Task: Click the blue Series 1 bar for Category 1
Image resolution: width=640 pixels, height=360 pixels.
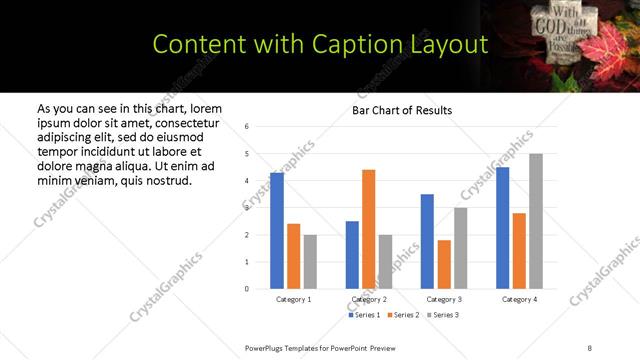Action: tap(277, 231)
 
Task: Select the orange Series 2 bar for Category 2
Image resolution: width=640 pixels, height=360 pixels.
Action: tap(368, 229)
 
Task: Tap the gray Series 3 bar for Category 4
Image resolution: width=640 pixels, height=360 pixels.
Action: tap(536, 221)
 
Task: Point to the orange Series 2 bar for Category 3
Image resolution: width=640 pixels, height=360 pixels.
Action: tap(444, 264)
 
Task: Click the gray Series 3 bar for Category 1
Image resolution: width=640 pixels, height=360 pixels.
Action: tap(310, 261)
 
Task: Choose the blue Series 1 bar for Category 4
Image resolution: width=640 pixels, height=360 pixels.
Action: tap(503, 228)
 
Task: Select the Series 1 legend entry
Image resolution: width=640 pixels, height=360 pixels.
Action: tap(365, 315)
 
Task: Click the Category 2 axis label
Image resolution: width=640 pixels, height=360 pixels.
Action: tap(369, 299)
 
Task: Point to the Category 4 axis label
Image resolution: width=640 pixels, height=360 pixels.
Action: tap(519, 299)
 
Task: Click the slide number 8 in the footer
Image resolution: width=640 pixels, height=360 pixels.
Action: tap(590, 347)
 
